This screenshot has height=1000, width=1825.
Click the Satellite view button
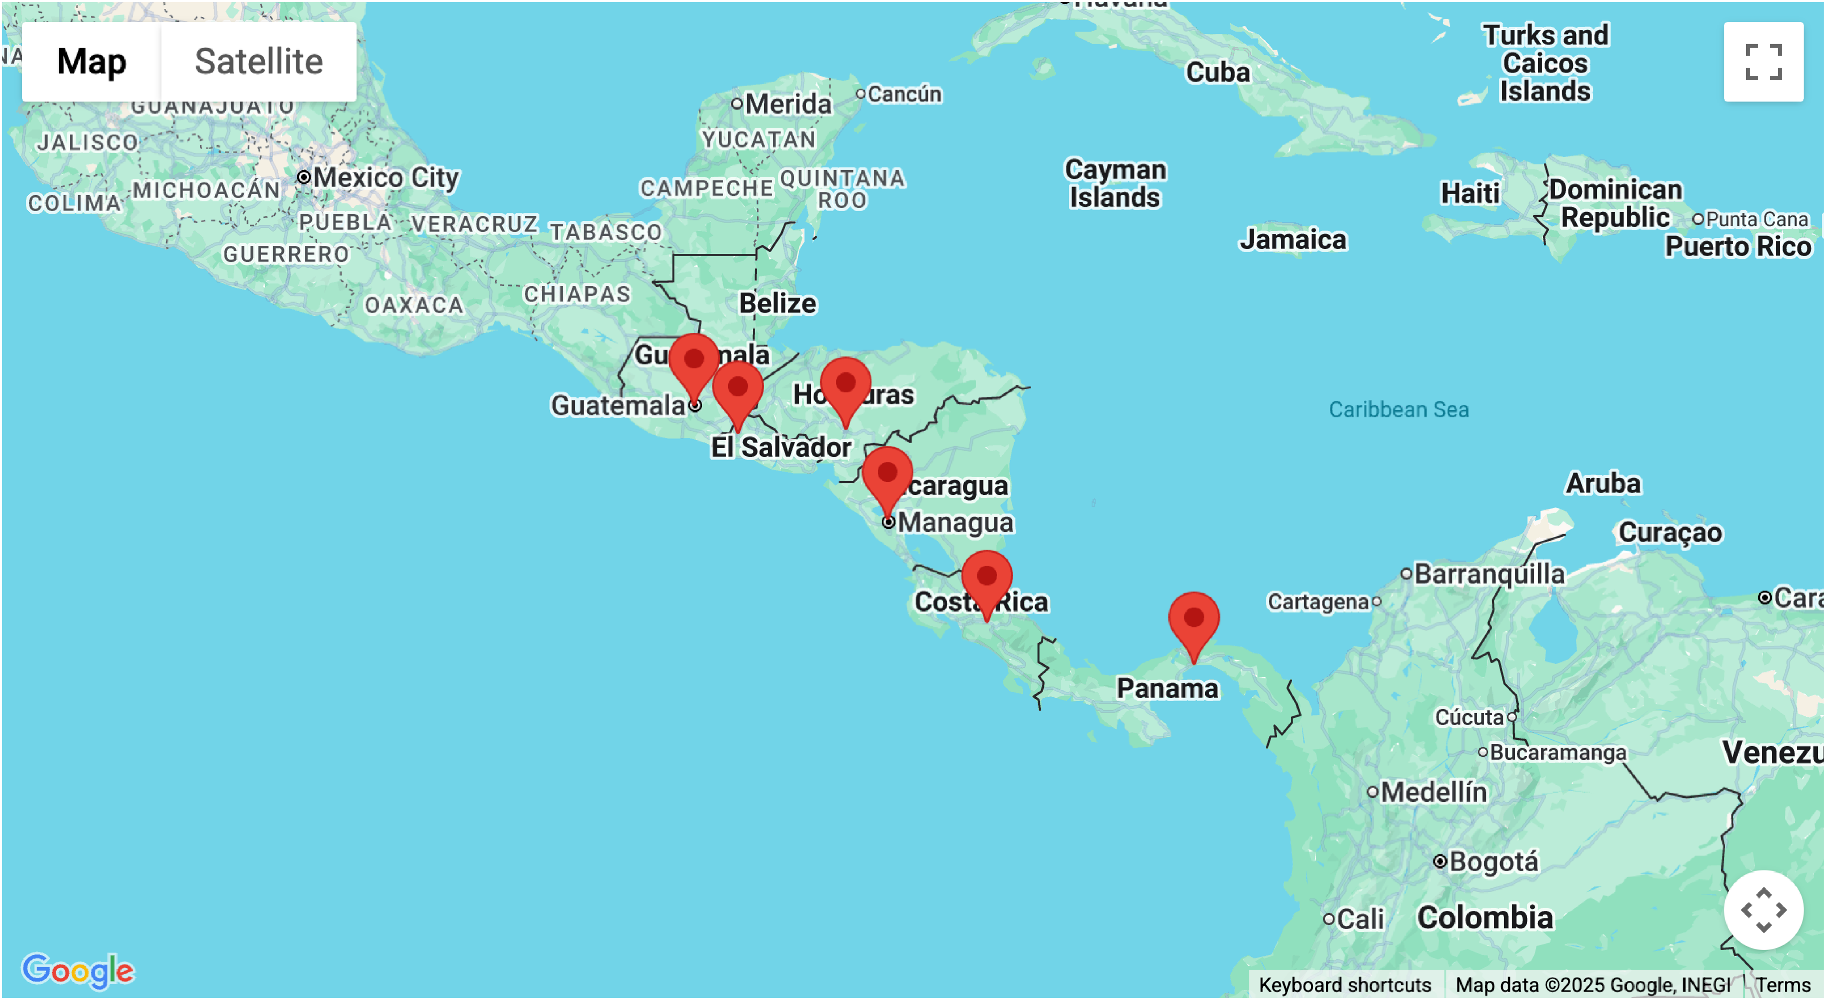click(x=258, y=61)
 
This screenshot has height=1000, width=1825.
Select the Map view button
click(x=91, y=61)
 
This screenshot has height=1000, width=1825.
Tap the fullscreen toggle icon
click(x=1764, y=61)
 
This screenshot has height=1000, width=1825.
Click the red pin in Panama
click(x=1194, y=620)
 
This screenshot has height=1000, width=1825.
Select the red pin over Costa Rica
click(x=987, y=578)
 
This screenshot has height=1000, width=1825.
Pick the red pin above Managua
click(x=887, y=474)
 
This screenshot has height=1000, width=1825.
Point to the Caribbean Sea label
click(x=1399, y=409)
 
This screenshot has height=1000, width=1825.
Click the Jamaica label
click(x=1293, y=239)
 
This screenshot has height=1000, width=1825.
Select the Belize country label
click(x=777, y=303)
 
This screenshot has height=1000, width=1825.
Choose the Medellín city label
click(x=1433, y=792)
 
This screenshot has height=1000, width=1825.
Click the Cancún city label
click(x=904, y=94)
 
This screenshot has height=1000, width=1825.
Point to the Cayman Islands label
click(x=1115, y=184)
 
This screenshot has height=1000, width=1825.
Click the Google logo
click(x=78, y=970)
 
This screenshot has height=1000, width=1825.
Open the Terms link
click(x=1783, y=984)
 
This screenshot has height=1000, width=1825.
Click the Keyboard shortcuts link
click(x=1345, y=984)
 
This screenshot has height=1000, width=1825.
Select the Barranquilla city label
click(x=1489, y=574)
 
